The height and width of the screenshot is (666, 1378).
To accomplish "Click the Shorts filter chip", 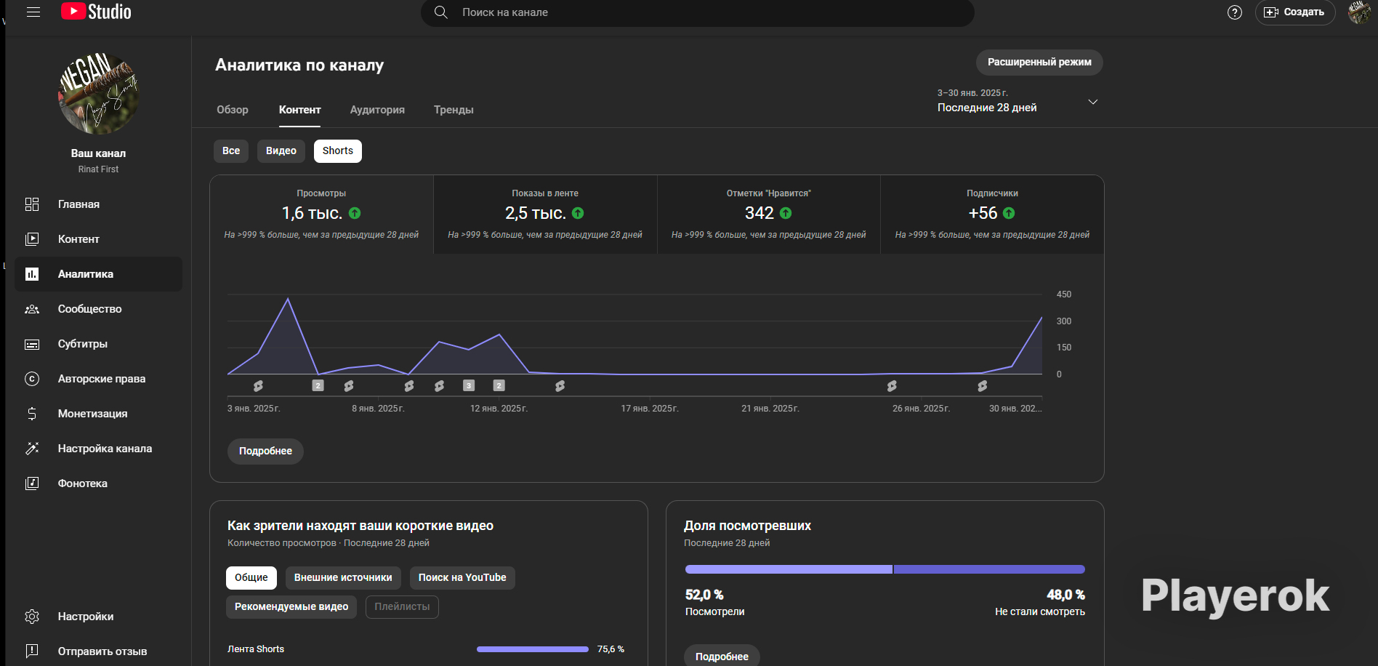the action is click(x=338, y=151).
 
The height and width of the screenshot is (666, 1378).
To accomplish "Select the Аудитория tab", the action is click(x=377, y=110).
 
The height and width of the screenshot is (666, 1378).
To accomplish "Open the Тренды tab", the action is click(x=454, y=110).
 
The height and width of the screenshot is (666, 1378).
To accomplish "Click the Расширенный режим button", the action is click(x=1039, y=63).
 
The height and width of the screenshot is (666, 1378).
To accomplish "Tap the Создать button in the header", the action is click(x=1295, y=12).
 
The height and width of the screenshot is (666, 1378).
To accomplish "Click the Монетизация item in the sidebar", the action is click(x=92, y=414).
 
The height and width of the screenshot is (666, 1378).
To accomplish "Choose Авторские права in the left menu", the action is click(x=102, y=379).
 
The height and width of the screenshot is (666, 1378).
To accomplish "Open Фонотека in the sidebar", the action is click(x=83, y=484).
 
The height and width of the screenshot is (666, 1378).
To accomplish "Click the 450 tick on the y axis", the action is click(x=1064, y=294).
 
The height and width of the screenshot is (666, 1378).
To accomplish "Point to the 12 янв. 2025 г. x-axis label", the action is click(x=499, y=409).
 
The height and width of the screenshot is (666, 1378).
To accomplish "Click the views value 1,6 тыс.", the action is click(x=312, y=213).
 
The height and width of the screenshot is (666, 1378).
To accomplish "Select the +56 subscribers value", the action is click(x=983, y=213).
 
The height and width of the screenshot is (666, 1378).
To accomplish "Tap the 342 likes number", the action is click(x=759, y=213).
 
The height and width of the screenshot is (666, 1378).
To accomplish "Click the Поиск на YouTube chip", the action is click(x=462, y=578).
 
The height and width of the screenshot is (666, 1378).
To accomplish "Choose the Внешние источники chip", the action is click(x=343, y=578).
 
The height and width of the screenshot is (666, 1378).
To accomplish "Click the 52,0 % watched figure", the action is click(x=704, y=595).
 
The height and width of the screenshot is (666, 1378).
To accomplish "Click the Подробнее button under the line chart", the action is click(x=265, y=452).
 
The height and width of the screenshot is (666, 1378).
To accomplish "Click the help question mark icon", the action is click(x=1235, y=12).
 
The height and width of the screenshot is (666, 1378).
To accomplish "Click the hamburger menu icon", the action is click(x=33, y=12).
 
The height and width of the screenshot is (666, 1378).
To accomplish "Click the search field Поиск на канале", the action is click(x=698, y=12).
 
